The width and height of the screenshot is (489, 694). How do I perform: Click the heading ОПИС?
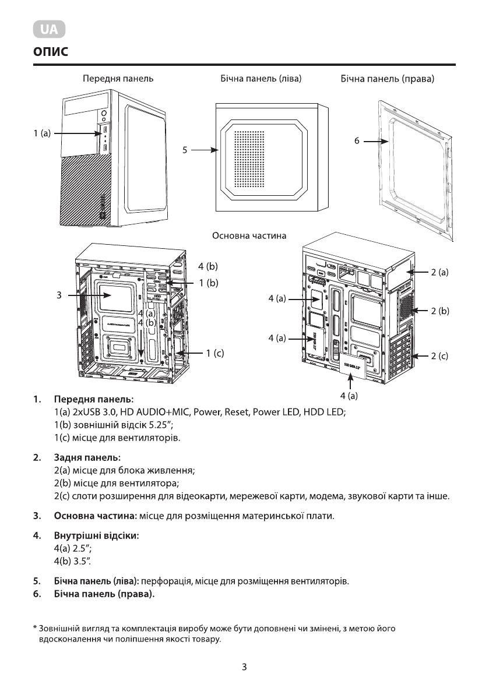pyautogui.click(x=51, y=52)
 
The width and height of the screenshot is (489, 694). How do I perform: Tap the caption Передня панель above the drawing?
pyautogui.click(x=118, y=78)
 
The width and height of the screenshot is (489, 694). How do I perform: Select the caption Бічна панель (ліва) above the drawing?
pyautogui.click(x=256, y=78)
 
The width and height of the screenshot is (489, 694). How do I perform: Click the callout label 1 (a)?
pyautogui.click(x=42, y=133)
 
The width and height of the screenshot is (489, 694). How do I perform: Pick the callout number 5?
pyautogui.click(x=185, y=150)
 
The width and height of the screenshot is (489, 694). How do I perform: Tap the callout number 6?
pyautogui.click(x=357, y=141)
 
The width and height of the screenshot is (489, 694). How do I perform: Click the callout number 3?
pyautogui.click(x=59, y=295)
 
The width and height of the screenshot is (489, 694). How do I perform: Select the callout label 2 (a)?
pyautogui.click(x=439, y=272)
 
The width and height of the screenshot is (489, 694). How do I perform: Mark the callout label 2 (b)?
pyautogui.click(x=439, y=312)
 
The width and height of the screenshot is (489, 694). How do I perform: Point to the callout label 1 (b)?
pyautogui.click(x=208, y=283)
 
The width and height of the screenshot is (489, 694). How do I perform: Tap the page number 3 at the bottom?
pyautogui.click(x=244, y=667)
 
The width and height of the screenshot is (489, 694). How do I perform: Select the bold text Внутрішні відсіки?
pyautogui.click(x=96, y=536)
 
